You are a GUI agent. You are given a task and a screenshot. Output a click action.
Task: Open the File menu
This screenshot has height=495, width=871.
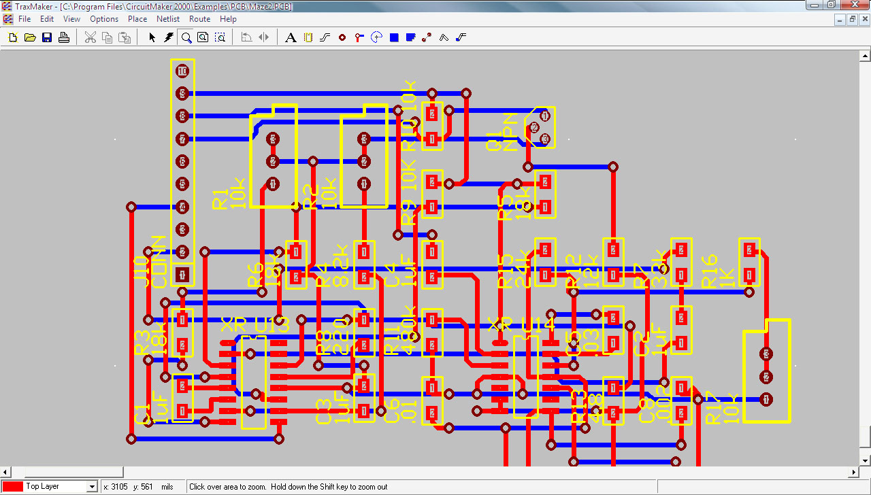click(x=24, y=19)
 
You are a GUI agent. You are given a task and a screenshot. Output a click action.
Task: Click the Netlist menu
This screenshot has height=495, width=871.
click(x=168, y=19)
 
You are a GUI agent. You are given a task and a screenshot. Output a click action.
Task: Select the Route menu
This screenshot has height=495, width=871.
click(x=199, y=19)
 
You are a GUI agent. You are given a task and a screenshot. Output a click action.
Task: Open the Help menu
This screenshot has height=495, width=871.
click(x=228, y=19)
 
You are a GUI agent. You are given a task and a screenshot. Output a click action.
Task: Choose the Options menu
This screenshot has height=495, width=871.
click(x=104, y=19)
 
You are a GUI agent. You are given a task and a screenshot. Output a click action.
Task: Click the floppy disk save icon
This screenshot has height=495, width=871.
click(x=47, y=37)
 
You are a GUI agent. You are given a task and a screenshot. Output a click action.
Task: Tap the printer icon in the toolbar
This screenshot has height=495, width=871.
click(x=64, y=37)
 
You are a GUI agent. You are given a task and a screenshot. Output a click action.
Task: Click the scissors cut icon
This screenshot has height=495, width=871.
click(x=90, y=37)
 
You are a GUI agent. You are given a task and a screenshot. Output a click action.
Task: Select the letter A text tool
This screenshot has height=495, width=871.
click(x=291, y=37)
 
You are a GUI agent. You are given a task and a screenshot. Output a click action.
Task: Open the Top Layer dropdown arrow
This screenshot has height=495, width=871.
click(x=92, y=487)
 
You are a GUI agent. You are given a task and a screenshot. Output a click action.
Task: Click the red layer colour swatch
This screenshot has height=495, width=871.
click(x=13, y=487)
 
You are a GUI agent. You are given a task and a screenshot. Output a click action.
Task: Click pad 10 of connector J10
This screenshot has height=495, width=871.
click(x=182, y=71)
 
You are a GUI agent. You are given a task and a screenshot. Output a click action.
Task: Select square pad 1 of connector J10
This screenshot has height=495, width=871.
click(x=182, y=275)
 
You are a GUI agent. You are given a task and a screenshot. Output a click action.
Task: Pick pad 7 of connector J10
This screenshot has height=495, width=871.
click(x=182, y=139)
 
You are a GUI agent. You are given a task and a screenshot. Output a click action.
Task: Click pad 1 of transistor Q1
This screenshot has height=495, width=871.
click(x=544, y=116)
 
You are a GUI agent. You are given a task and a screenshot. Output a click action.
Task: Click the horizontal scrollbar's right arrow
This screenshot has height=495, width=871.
click(x=855, y=472)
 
